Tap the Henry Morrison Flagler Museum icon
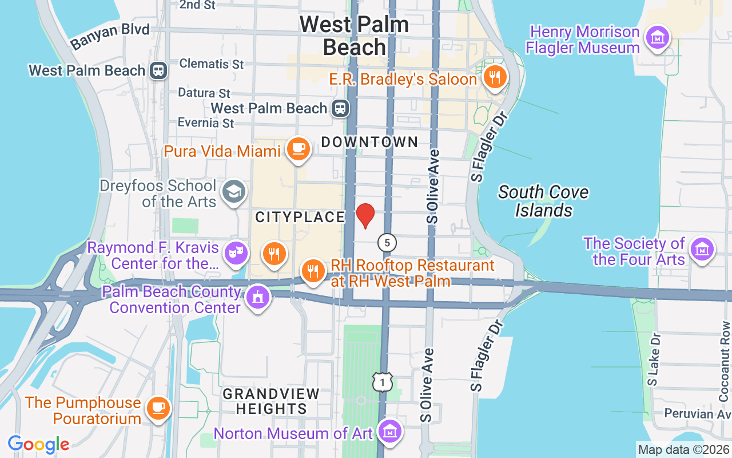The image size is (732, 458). tap(657, 38)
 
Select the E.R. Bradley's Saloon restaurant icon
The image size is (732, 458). tap(495, 77)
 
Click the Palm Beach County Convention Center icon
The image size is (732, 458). tap(257, 297)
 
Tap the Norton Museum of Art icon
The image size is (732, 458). tap(390, 431)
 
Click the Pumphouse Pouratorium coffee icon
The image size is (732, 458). tap(157, 408)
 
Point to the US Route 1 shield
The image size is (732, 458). tap(383, 381)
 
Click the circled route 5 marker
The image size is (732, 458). tap(387, 242)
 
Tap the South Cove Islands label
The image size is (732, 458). tap(543, 201)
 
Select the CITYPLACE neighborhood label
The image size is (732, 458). tap(300, 217)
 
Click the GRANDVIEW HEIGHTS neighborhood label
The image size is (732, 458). tap(271, 401)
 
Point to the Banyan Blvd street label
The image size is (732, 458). tap(110, 35)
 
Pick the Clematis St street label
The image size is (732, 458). tap(212, 64)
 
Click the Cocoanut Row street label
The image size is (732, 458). tap(725, 361)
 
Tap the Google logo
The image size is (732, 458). tap(38, 444)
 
